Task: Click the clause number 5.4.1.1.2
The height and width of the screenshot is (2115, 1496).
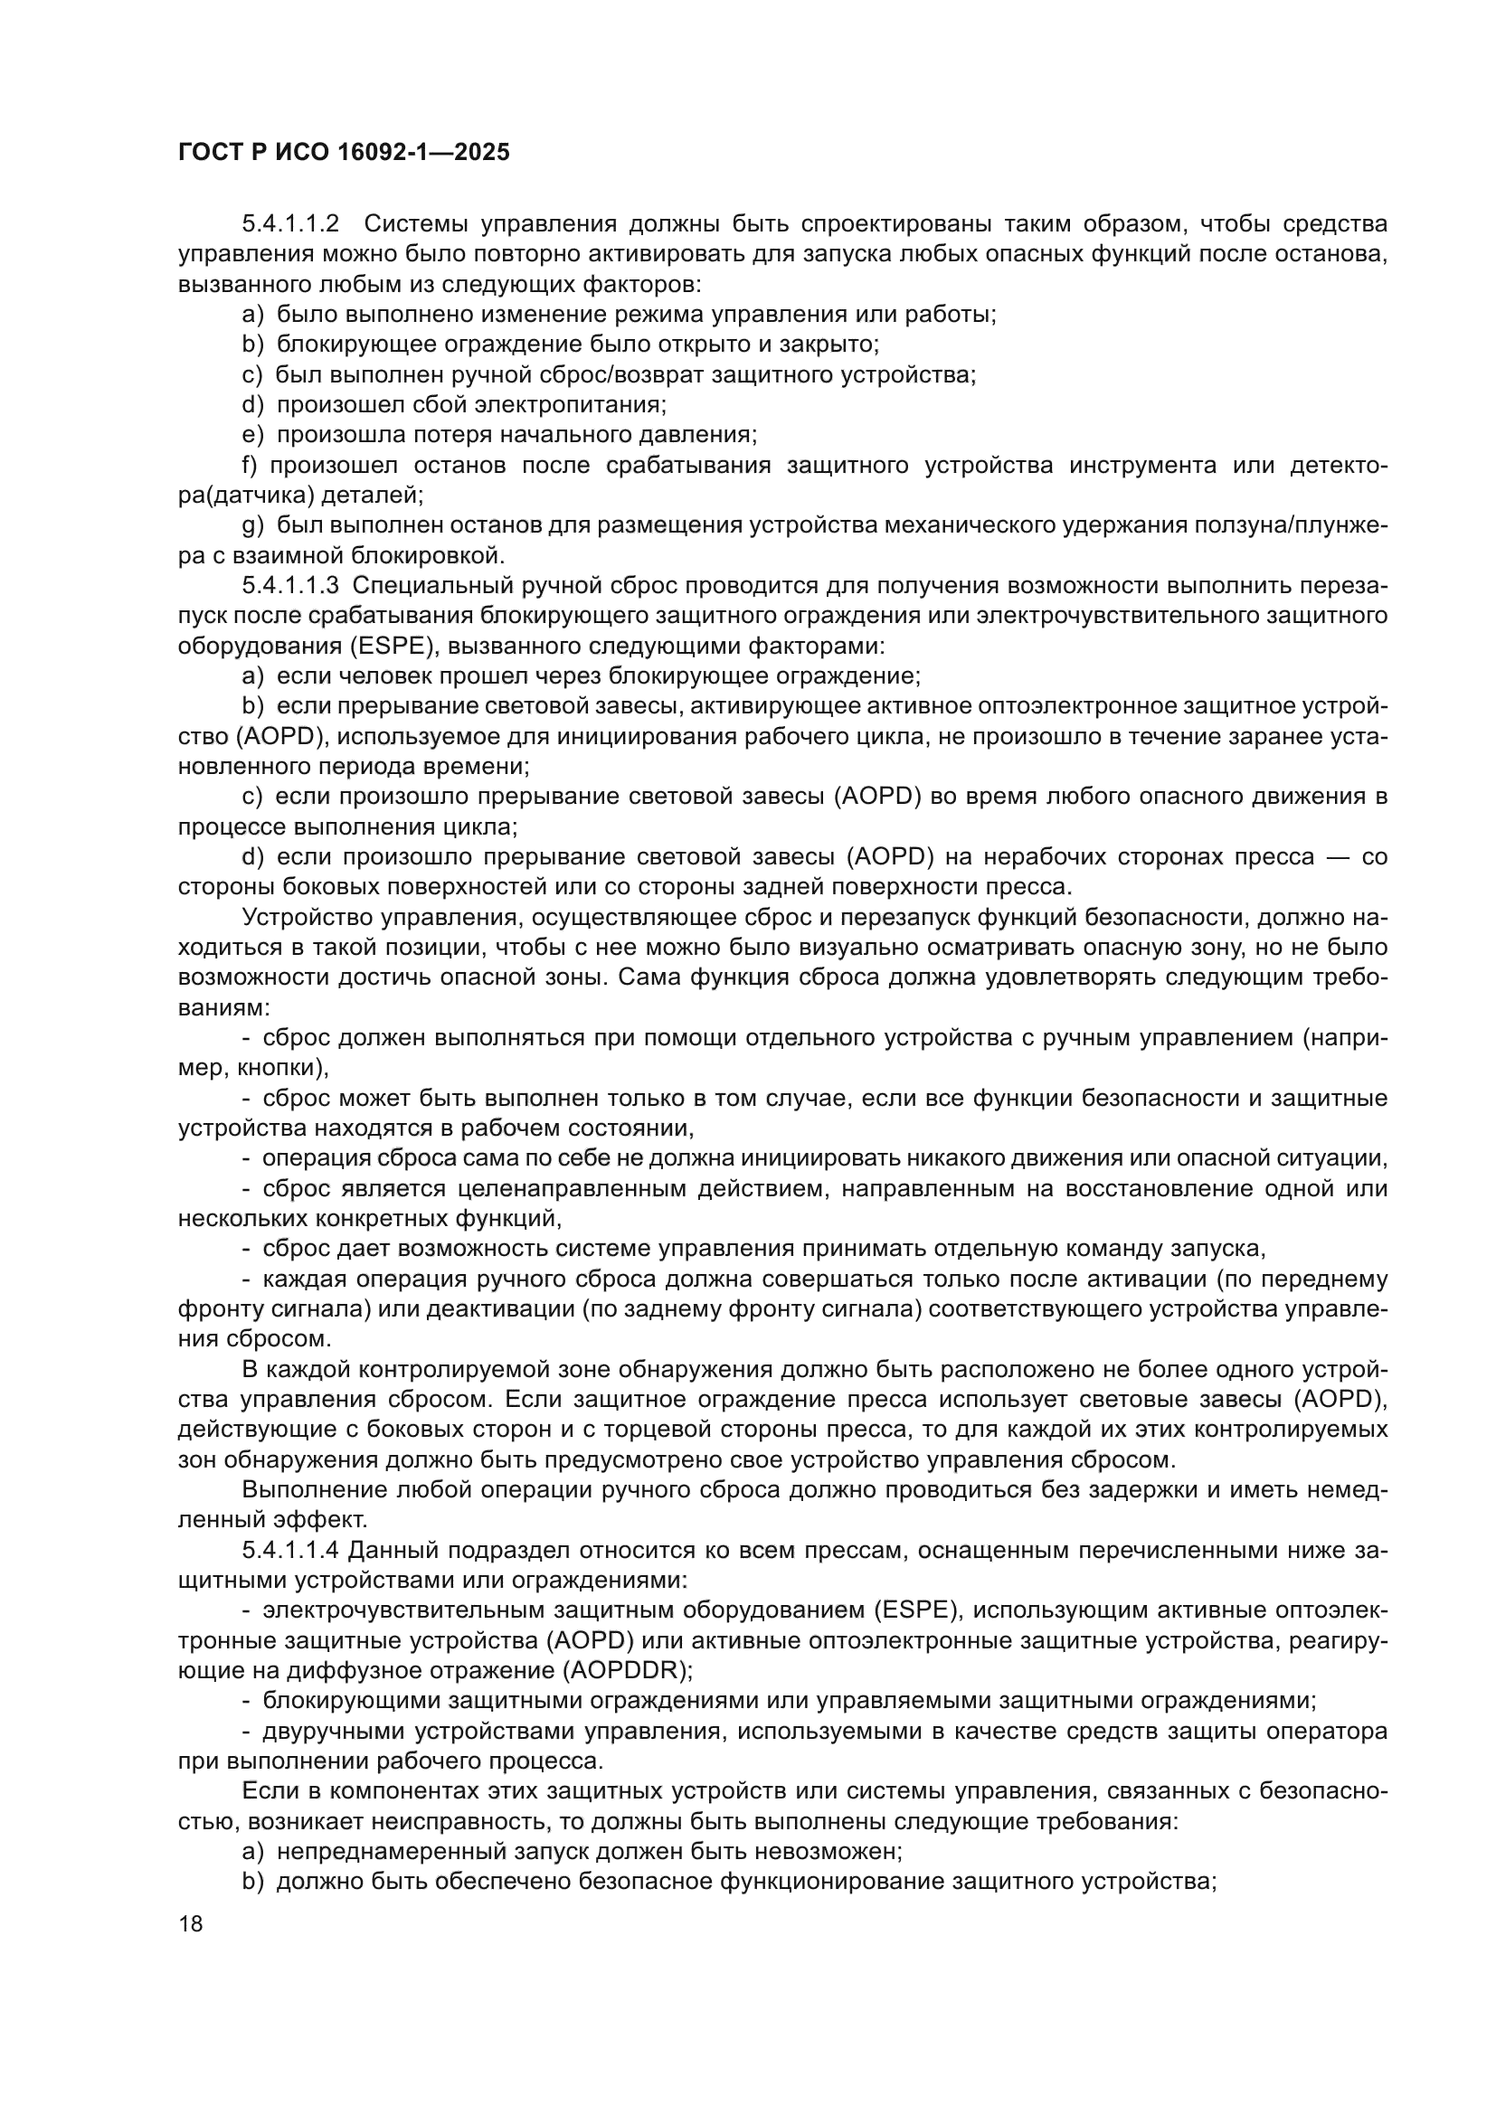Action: [x=291, y=224]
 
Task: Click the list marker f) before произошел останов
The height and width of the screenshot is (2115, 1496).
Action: [x=250, y=465]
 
